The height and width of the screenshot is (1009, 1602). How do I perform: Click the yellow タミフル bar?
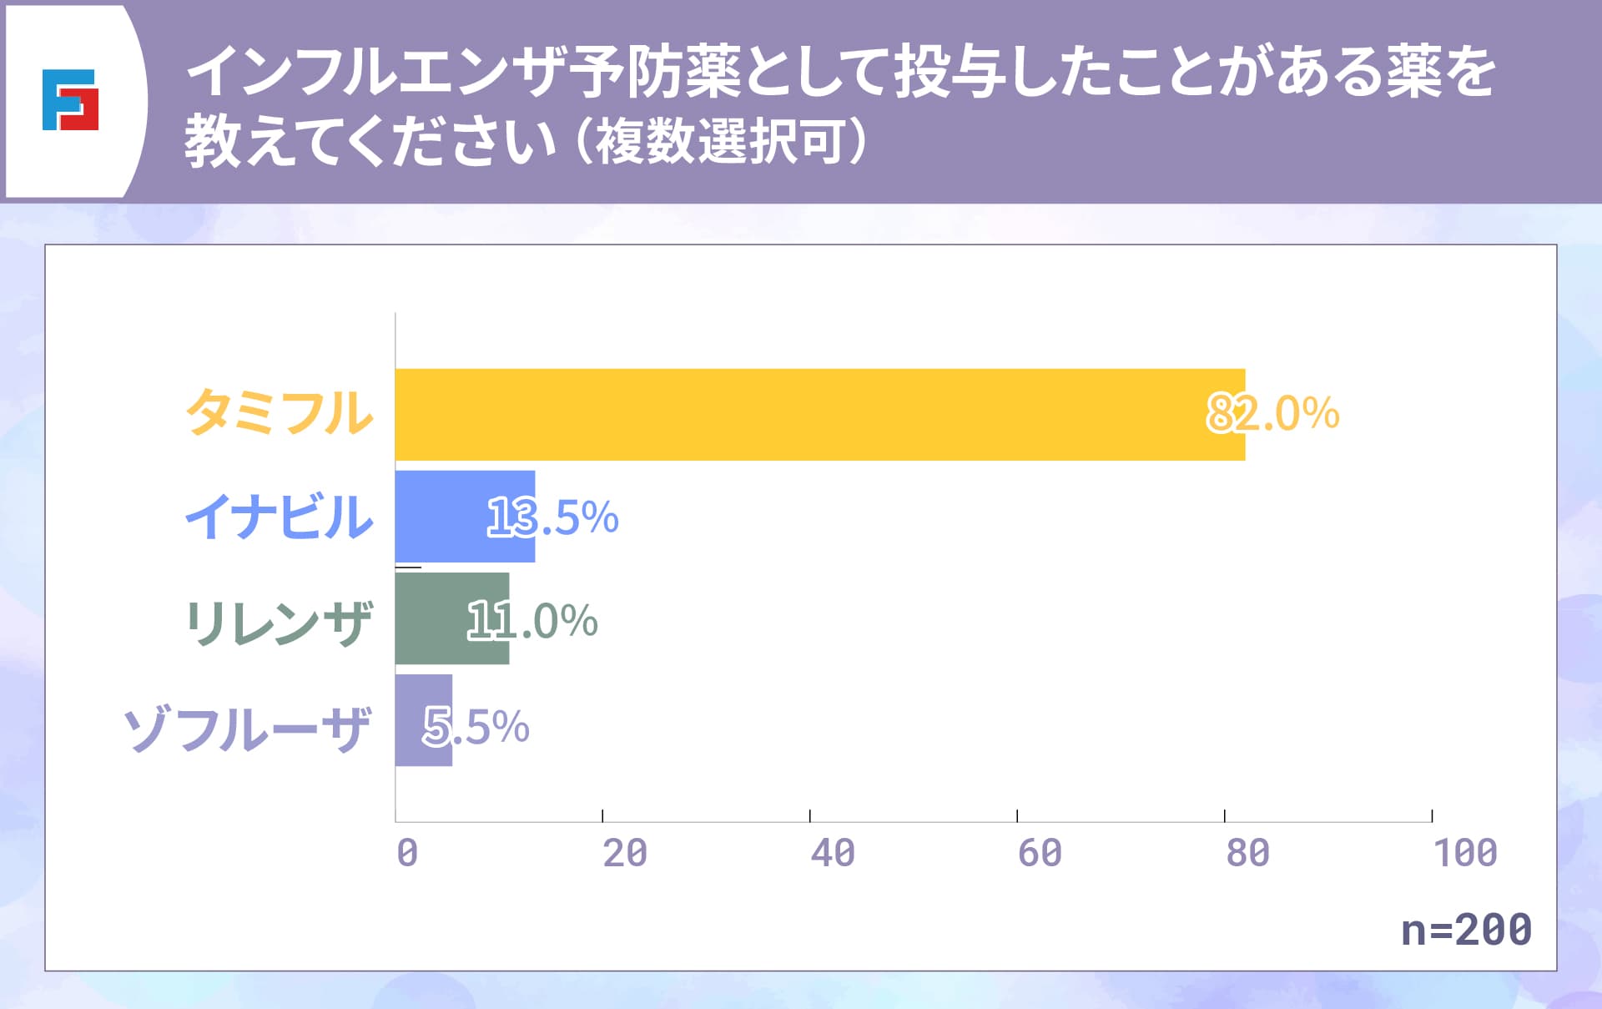tap(819, 415)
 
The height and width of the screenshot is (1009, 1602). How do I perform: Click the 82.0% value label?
tap(1273, 413)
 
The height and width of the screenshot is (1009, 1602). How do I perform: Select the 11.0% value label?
tap(532, 620)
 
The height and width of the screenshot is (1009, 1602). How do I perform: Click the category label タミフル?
tap(280, 413)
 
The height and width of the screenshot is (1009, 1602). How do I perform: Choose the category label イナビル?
tap(280, 517)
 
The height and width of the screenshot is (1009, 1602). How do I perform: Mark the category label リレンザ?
tap(278, 623)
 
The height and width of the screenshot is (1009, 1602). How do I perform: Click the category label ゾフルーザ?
tap(247, 729)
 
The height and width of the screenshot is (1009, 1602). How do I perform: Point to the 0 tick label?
tap(407, 853)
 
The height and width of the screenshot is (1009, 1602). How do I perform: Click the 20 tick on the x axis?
tap(625, 853)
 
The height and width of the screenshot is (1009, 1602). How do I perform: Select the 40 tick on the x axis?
tap(833, 853)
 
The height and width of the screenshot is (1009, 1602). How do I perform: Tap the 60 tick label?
tap(1040, 853)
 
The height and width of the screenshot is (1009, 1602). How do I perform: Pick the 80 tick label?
tap(1247, 853)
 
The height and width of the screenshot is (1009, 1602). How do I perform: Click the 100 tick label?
tap(1465, 853)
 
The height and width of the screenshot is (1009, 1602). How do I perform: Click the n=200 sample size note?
tap(1466, 929)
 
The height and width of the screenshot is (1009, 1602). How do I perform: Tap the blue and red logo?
tap(70, 100)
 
